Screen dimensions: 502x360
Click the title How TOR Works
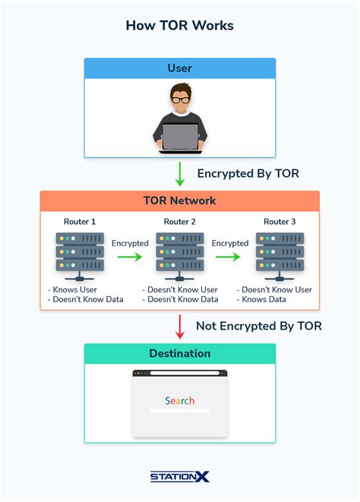click(179, 26)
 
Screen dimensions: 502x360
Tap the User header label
click(179, 68)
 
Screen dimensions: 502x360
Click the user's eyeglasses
click(179, 99)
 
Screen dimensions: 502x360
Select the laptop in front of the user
click(179, 137)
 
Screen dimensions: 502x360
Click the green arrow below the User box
click(180, 173)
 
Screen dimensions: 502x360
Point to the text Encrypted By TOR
click(248, 174)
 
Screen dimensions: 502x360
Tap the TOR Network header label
click(179, 201)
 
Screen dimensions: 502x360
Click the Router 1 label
click(80, 222)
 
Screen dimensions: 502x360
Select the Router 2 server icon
click(180, 255)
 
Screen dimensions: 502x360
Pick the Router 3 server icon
click(279, 255)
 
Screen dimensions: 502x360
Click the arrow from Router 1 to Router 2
click(129, 257)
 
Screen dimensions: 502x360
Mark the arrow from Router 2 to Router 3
click(229, 257)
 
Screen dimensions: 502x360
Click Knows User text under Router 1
click(74, 289)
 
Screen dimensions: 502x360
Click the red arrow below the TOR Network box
click(180, 326)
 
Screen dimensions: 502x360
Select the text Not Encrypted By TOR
click(259, 326)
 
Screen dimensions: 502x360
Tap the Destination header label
click(179, 353)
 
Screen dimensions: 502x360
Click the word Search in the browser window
click(180, 400)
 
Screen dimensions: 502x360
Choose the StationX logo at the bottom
click(179, 477)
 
